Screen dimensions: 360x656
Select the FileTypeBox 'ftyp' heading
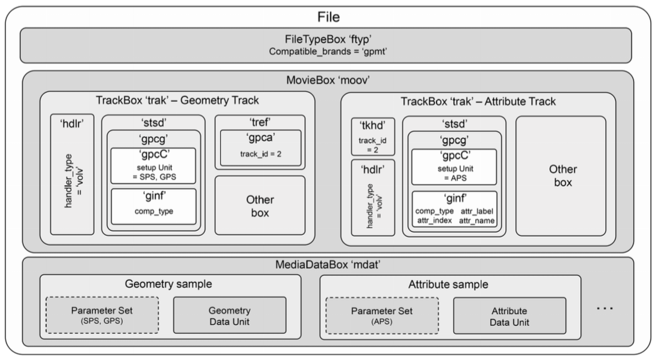(327, 40)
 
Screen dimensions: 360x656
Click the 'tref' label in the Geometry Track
(259, 123)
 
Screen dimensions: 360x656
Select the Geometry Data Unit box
(230, 315)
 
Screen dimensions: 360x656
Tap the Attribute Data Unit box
(509, 315)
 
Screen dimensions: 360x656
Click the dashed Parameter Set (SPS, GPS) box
(102, 315)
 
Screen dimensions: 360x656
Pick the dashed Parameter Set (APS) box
(382, 315)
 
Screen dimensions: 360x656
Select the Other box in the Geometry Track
(259, 204)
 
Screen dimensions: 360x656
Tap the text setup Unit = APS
(454, 172)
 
